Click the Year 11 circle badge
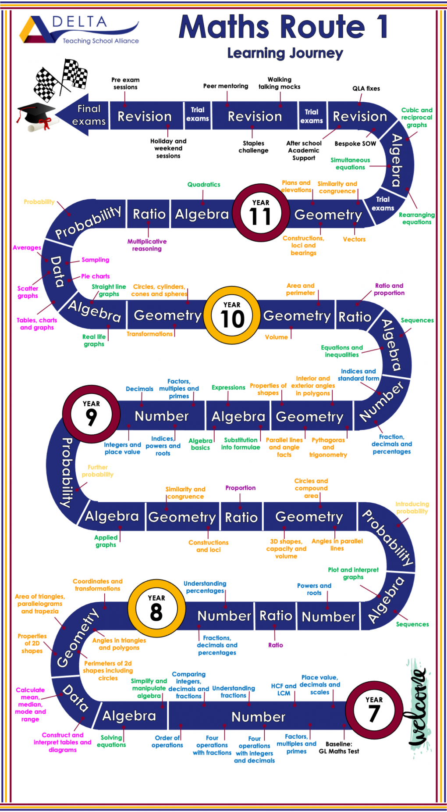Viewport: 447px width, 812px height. click(x=261, y=213)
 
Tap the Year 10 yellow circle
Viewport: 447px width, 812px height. click(x=232, y=315)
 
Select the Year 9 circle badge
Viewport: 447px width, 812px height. click(x=91, y=414)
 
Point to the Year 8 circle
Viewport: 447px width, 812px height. click(x=156, y=608)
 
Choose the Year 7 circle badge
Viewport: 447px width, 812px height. click(x=374, y=710)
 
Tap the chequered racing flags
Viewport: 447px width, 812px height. click(x=61, y=79)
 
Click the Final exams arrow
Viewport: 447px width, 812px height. click(x=83, y=115)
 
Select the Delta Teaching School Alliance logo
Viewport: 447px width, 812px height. click(x=79, y=30)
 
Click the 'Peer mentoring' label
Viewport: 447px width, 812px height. click(x=226, y=86)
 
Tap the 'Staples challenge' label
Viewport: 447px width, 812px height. click(x=253, y=147)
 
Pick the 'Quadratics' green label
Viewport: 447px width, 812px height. click(x=204, y=185)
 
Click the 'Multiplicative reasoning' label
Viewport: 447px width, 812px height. click(x=147, y=245)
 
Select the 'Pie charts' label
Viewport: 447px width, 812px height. click(x=95, y=276)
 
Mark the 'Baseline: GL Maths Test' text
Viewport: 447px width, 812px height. click(x=339, y=748)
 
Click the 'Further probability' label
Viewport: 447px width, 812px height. click(x=97, y=471)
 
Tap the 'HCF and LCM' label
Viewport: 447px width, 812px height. click(x=284, y=690)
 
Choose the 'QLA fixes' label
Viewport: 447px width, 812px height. click(x=366, y=88)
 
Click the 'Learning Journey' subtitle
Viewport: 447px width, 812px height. click(x=285, y=53)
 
